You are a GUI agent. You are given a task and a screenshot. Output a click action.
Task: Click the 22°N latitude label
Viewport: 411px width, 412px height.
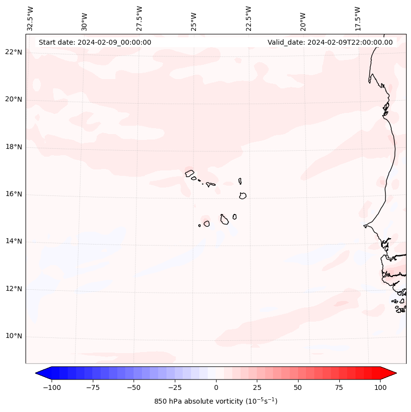(14, 52)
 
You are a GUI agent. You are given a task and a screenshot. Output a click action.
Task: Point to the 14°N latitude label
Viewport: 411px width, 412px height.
(14, 241)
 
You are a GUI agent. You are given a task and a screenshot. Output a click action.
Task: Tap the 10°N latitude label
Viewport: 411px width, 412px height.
(14, 336)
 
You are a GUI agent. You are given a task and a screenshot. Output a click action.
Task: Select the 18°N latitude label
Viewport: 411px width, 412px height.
(14, 147)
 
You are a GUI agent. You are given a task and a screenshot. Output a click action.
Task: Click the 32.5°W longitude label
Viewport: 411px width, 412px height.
(30, 18)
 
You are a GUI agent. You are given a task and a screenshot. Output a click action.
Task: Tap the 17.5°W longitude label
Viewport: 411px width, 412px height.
(357, 18)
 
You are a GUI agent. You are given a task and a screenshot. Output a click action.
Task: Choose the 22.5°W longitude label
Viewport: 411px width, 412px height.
(248, 18)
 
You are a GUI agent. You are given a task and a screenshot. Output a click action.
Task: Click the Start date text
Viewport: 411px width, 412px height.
(95, 42)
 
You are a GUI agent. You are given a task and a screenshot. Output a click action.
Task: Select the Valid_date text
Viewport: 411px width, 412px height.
(330, 42)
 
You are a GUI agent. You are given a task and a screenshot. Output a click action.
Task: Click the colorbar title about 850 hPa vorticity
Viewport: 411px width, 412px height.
(216, 401)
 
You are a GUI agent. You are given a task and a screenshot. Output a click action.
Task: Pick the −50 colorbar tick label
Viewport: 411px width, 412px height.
(134, 387)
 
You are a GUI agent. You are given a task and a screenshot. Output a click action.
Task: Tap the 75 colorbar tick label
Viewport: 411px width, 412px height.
(339, 387)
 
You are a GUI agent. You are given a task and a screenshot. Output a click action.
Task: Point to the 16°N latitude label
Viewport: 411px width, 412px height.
(14, 194)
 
